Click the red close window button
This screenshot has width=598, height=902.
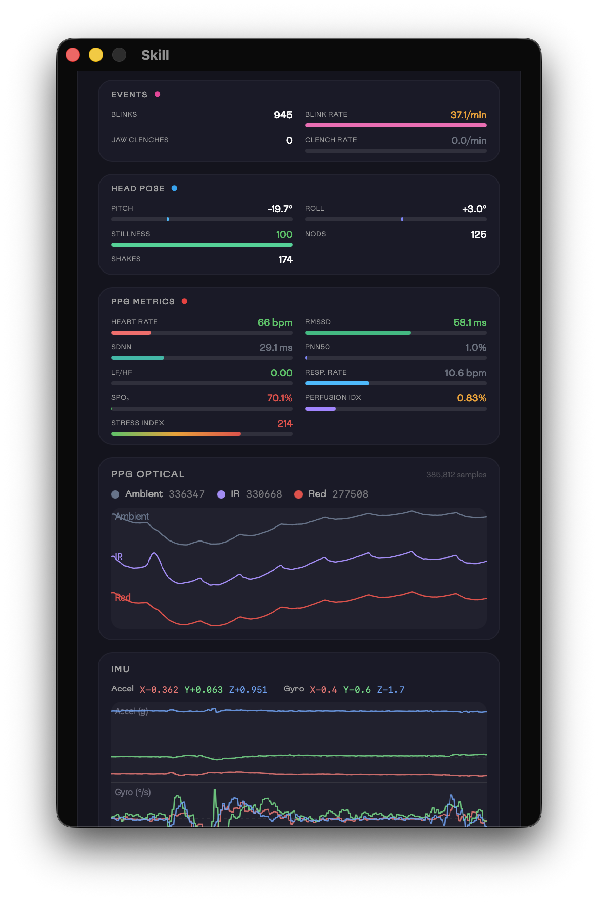point(73,55)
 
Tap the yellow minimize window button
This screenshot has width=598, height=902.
point(96,55)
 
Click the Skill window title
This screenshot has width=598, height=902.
point(155,55)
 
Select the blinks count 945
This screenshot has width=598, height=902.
point(283,115)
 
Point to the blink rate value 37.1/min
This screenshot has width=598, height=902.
point(468,115)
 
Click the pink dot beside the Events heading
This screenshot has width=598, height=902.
point(158,94)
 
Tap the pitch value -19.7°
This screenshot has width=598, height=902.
point(280,209)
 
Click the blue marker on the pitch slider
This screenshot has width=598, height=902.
point(168,219)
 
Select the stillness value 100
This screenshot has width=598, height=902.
point(284,235)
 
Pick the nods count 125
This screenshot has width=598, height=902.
point(478,235)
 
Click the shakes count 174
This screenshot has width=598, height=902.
point(285,260)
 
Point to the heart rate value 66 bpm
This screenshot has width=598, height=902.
point(275,323)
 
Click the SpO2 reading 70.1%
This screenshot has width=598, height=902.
point(280,398)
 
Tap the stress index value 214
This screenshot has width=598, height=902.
point(285,424)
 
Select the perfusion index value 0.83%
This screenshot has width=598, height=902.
point(471,398)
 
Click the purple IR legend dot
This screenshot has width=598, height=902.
point(221,494)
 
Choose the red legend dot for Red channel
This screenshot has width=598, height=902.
point(298,494)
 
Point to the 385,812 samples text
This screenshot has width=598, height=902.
point(456,475)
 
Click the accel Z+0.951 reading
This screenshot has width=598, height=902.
point(248,690)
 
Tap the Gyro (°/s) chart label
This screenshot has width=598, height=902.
point(133,792)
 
